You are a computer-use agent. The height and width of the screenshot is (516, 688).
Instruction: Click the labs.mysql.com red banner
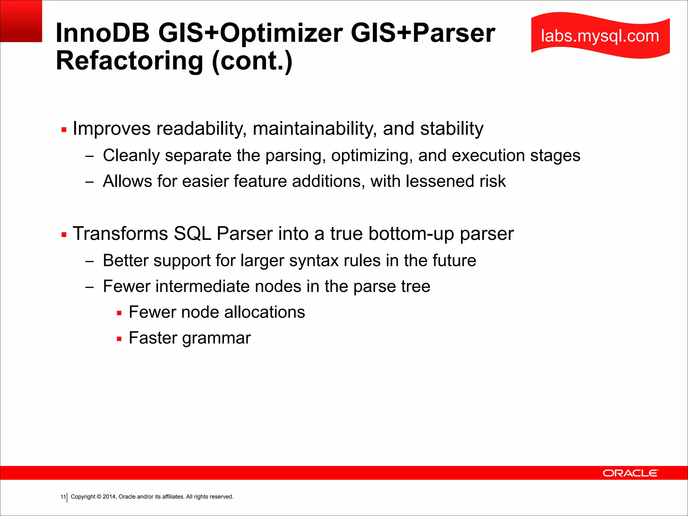(600, 36)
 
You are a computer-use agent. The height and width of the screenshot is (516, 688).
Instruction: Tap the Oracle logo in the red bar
(631, 473)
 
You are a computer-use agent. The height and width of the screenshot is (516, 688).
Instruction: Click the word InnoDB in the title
(102, 33)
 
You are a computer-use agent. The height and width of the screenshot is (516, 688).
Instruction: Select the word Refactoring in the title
(129, 61)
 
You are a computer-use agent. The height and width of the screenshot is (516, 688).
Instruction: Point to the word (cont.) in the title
(252, 61)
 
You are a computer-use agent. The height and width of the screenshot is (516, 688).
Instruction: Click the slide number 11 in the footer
(63, 497)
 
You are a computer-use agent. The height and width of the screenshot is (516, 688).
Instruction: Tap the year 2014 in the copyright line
(109, 497)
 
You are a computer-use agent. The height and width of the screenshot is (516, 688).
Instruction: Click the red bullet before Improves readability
(64, 130)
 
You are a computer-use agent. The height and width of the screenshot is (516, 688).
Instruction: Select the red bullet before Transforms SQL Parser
(64, 234)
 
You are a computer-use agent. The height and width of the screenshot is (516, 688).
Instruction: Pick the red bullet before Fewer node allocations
(119, 313)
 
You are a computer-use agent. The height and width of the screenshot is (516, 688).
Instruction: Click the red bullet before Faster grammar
(119, 339)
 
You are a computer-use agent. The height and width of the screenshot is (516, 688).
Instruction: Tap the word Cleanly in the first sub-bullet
(131, 156)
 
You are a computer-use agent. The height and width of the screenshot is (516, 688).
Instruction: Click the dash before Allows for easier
(89, 182)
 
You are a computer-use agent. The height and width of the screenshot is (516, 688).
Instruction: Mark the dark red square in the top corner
(21, 21)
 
